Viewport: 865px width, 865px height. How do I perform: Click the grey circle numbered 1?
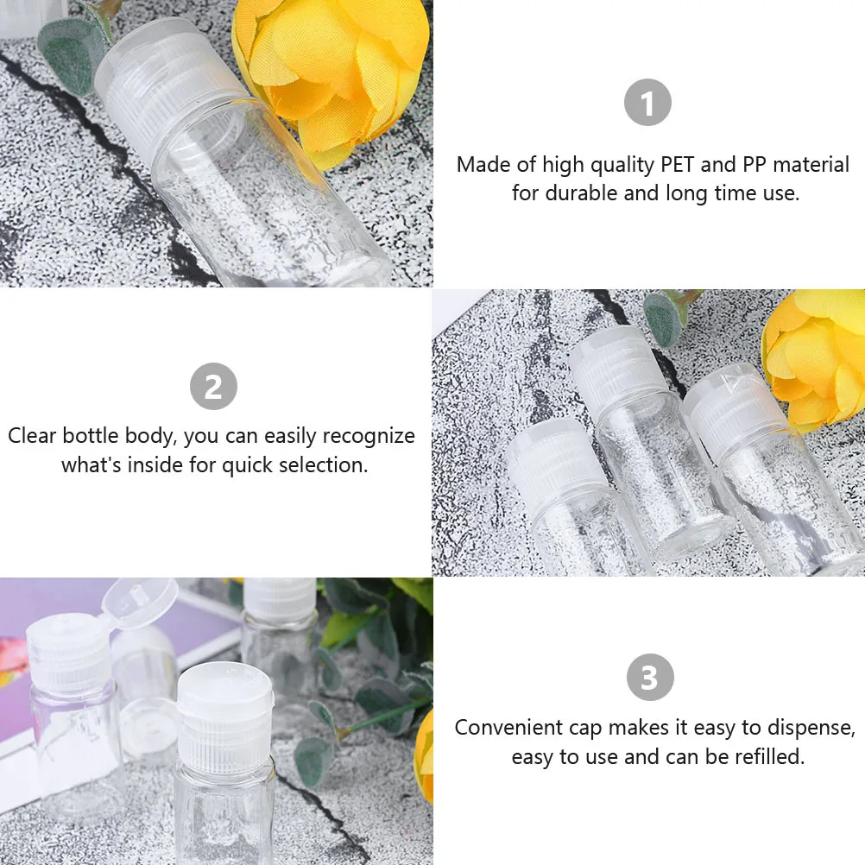pyautogui.click(x=647, y=102)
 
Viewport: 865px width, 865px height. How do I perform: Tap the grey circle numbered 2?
pyautogui.click(x=212, y=386)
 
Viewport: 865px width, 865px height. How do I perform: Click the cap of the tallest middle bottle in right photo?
pyautogui.click(x=614, y=363)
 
